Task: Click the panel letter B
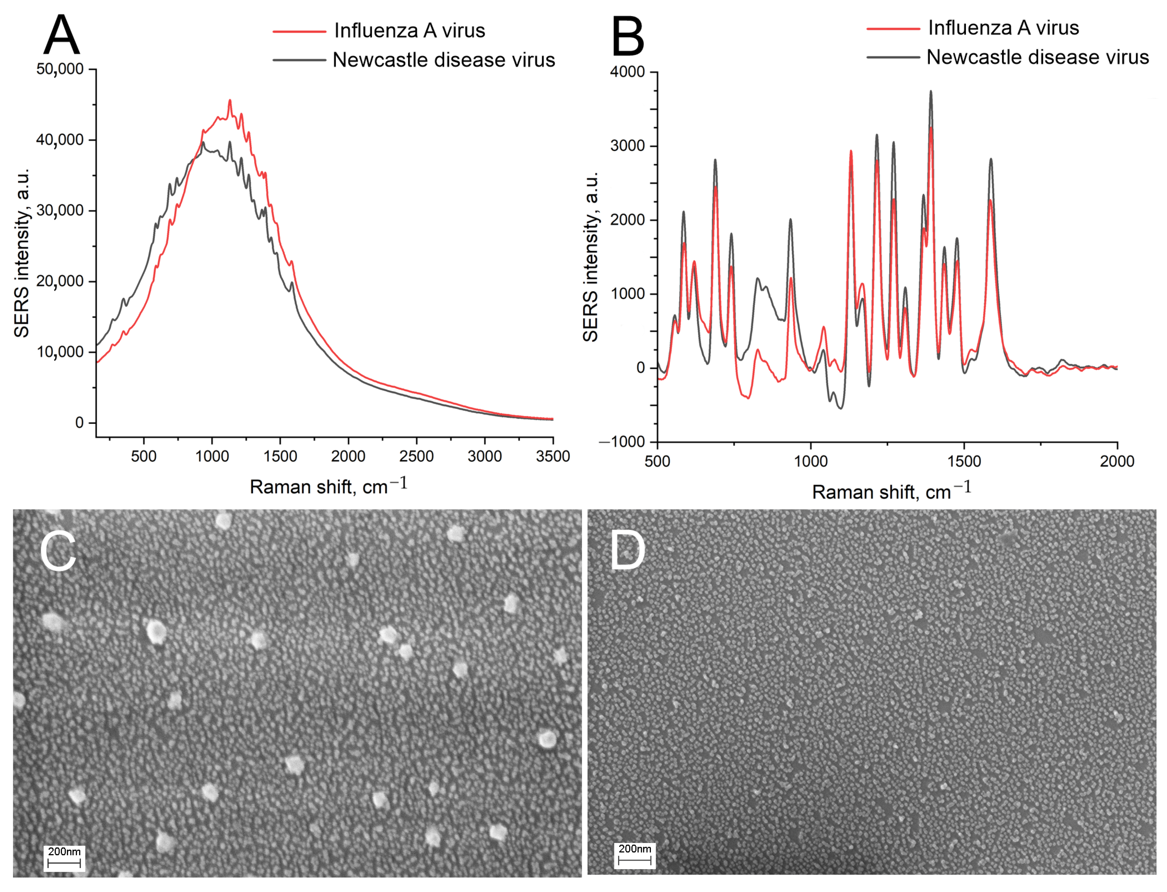tap(628, 36)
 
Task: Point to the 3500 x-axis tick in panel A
tap(553, 456)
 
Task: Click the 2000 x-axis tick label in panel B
tap(1117, 461)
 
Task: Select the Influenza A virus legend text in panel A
tap(409, 31)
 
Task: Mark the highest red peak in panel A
tap(230, 100)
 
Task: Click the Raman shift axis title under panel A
tap(328, 486)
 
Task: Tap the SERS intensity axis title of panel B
tap(590, 257)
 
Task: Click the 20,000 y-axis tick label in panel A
tap(60, 281)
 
